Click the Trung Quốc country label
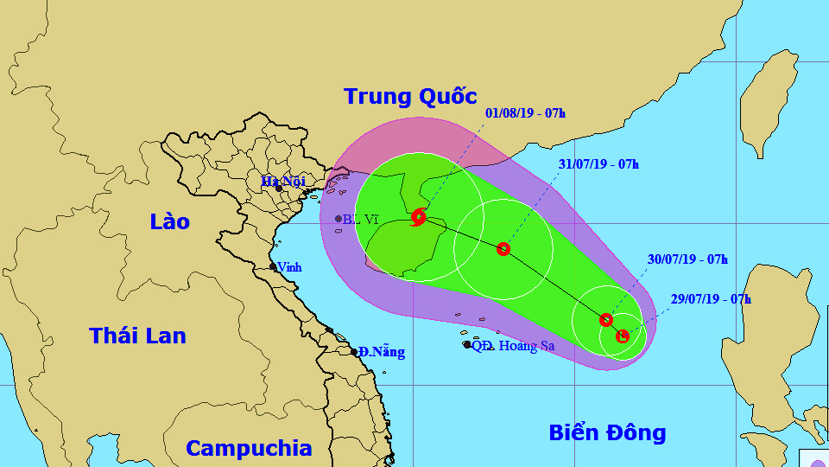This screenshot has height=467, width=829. (410, 96)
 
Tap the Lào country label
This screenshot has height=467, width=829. (169, 221)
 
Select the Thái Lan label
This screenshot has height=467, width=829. (137, 336)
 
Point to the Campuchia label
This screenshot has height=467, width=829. (249, 448)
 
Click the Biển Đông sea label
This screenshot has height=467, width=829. (607, 432)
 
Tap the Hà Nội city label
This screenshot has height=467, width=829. (282, 182)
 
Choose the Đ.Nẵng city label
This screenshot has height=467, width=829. (382, 352)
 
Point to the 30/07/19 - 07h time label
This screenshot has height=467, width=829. (687, 259)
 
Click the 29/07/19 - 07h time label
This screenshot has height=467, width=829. (711, 299)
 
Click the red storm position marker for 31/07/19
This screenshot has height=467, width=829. (503, 249)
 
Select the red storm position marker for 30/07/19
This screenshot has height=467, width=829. (606, 320)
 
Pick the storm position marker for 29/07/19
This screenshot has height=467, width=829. (623, 336)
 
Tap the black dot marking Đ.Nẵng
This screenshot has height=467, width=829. (354, 352)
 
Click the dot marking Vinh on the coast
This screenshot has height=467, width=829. (273, 266)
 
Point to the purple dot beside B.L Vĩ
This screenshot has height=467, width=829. (339, 219)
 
